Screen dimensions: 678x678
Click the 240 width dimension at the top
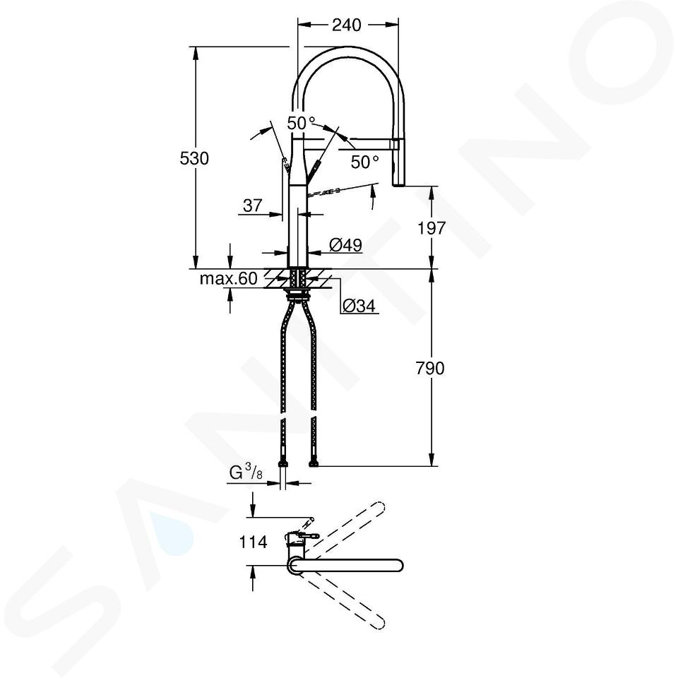coord(346,25)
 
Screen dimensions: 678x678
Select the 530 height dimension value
coord(194,159)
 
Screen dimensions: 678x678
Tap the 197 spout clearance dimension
coord(431,228)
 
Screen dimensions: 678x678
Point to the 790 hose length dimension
coord(430,369)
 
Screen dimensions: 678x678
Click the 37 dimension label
coord(253,206)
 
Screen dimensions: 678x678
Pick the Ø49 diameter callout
coord(345,245)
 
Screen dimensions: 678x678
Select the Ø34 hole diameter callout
coord(359,306)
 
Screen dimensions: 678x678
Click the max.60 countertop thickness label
coord(228,279)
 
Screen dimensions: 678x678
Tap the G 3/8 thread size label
coord(246,472)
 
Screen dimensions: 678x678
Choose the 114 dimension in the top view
coord(253,542)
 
